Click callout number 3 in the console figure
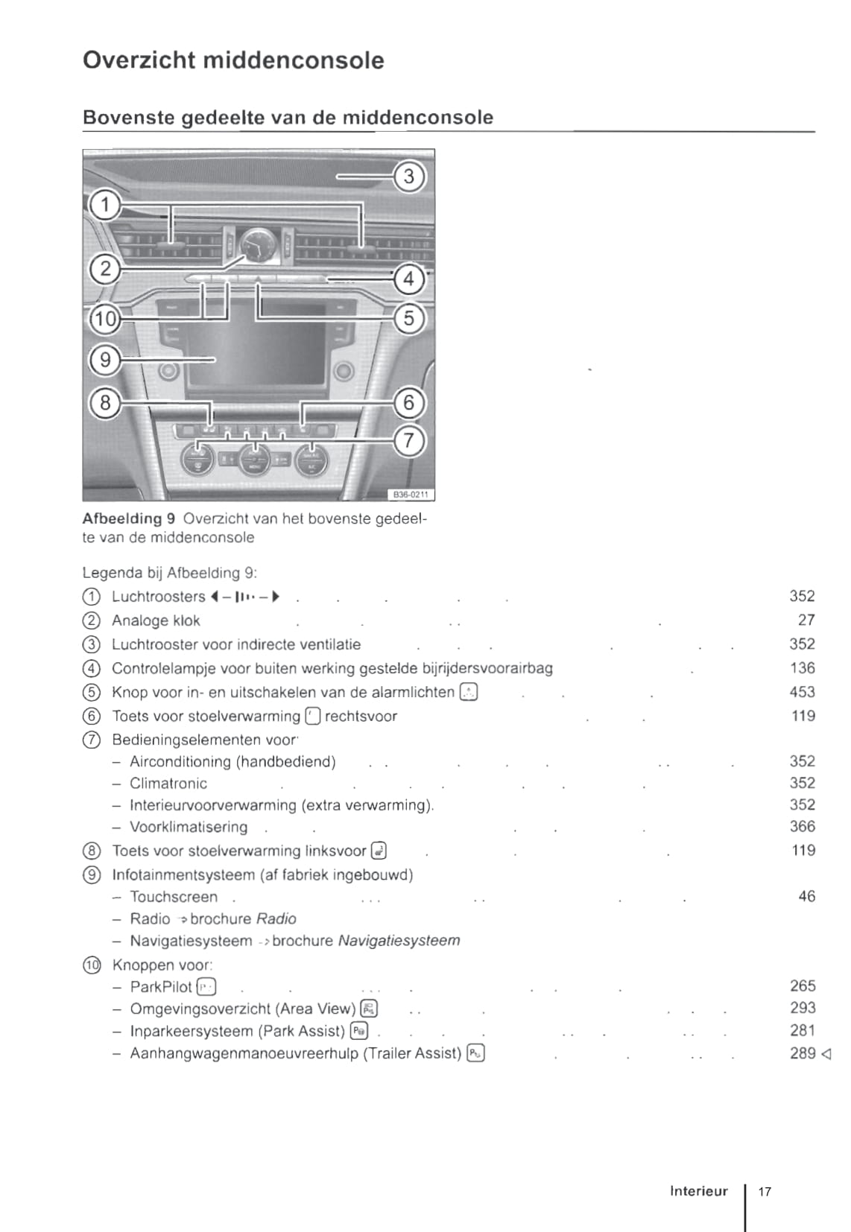coord(408,177)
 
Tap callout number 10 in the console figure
coord(105,320)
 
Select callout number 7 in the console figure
coord(408,441)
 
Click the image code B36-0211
coord(410,495)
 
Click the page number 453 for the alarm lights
coord(802,692)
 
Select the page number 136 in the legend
coord(803,668)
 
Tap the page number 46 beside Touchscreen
coord(806,896)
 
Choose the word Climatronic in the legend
coord(168,784)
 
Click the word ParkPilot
coord(161,987)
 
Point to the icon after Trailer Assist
coord(475,1053)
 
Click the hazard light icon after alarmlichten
coord(469,693)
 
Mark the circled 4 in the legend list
coord(91,669)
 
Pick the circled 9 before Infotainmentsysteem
coord(91,875)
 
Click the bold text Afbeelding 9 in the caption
coord(128,518)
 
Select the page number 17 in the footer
coord(765,1191)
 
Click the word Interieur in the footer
coord(698,1191)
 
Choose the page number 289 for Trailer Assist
coord(803,1053)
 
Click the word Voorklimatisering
coord(189,827)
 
